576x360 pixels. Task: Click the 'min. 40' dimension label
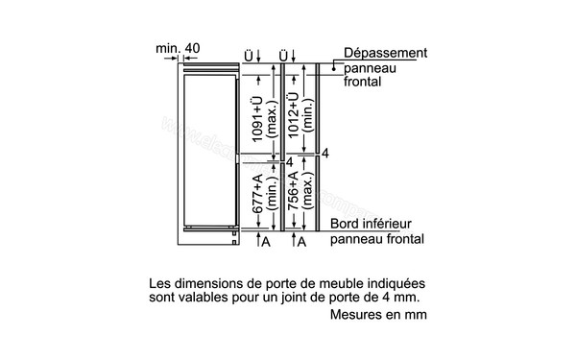[x=180, y=48]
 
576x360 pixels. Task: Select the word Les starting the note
[x=160, y=285]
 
